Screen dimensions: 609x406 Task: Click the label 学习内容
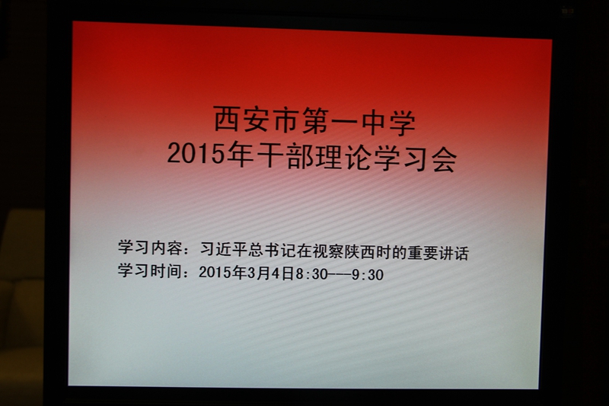(x=150, y=248)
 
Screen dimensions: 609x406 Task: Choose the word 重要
(x=422, y=254)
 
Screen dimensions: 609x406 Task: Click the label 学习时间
(x=150, y=270)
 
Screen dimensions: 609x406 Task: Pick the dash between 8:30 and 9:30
(x=340, y=275)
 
